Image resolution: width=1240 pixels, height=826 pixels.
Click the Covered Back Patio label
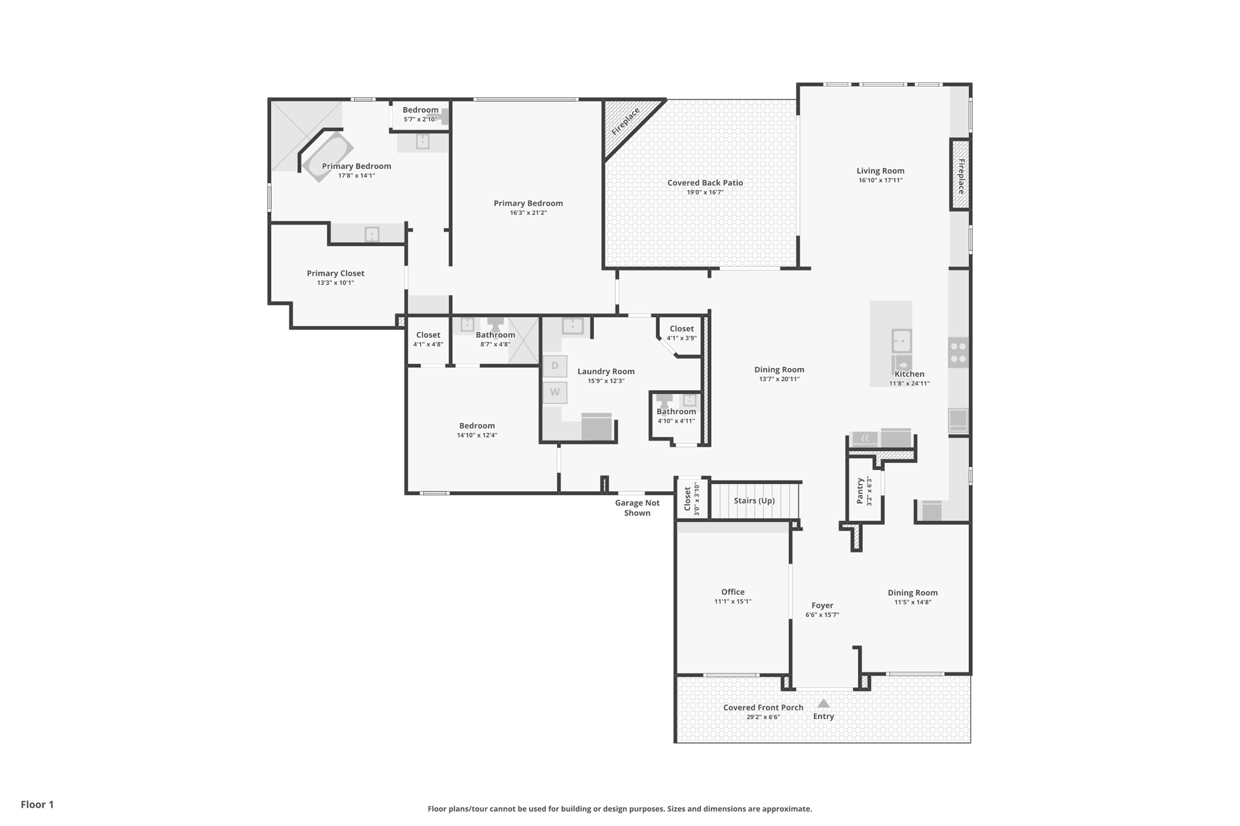pyautogui.click(x=705, y=183)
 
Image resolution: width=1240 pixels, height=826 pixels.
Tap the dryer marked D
pyautogui.click(x=555, y=366)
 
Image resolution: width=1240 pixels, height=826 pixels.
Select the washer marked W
pyautogui.click(x=555, y=393)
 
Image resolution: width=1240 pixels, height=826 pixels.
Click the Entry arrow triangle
pyautogui.click(x=823, y=703)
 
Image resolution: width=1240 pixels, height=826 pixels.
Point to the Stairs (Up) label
pyautogui.click(x=754, y=500)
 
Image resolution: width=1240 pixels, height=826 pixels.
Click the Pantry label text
pyautogui.click(x=860, y=491)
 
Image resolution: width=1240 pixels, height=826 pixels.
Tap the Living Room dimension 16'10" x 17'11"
pyautogui.click(x=880, y=180)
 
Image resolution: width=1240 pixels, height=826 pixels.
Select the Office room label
pyautogui.click(x=733, y=592)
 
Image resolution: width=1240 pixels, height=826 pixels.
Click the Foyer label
pyautogui.click(x=822, y=605)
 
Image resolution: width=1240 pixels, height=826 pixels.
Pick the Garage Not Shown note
pyautogui.click(x=637, y=508)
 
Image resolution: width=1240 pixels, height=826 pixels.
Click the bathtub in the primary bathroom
pyautogui.click(x=328, y=157)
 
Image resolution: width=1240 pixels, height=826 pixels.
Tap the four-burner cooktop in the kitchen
pyautogui.click(x=958, y=353)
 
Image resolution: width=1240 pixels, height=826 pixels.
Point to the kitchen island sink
pyautogui.click(x=902, y=341)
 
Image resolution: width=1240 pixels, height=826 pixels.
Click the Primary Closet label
pyautogui.click(x=335, y=274)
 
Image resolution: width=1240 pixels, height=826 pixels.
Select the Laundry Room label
pyautogui.click(x=606, y=372)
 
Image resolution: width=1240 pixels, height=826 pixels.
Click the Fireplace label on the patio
pyautogui.click(x=625, y=122)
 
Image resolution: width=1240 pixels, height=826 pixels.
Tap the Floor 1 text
pyautogui.click(x=38, y=804)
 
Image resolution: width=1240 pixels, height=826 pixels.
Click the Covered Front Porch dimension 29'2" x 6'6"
pyautogui.click(x=763, y=717)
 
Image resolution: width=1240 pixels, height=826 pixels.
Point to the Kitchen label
pyautogui.click(x=909, y=374)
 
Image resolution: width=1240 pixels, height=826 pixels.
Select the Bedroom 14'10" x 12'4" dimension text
pyautogui.click(x=477, y=435)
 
